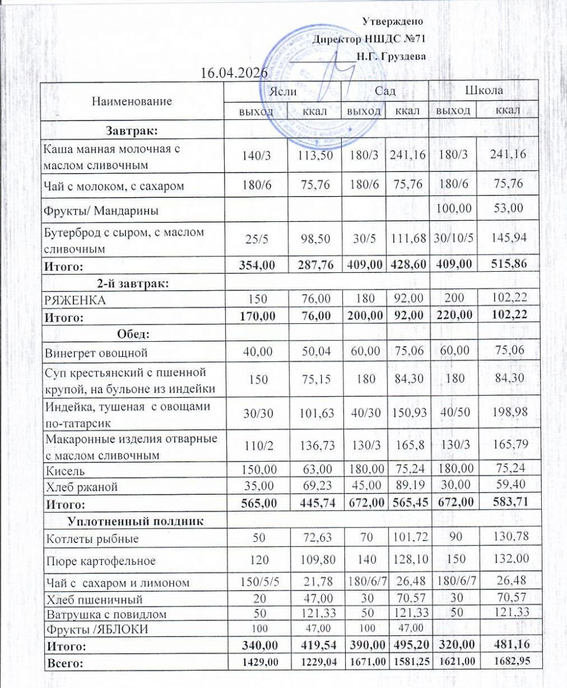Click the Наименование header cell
[131, 101]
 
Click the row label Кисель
[65, 471]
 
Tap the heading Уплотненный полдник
[136, 521]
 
